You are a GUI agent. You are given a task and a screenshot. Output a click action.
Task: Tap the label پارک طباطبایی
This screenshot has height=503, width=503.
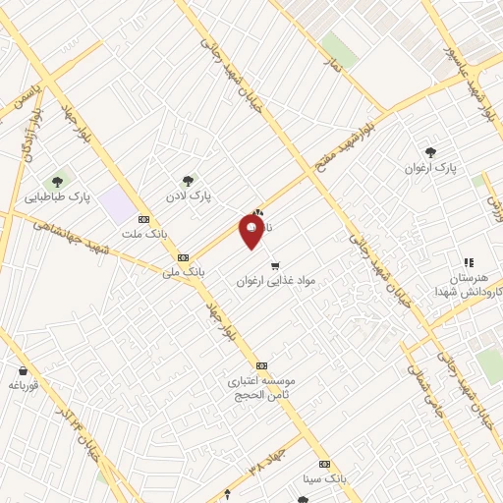[86, 196]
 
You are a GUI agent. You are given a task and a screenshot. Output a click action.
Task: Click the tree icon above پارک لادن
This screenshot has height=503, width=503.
[188, 180]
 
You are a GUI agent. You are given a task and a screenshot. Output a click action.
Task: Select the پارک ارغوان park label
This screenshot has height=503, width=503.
[431, 168]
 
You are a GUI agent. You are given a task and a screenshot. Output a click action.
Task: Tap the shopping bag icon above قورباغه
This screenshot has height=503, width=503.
[22, 370]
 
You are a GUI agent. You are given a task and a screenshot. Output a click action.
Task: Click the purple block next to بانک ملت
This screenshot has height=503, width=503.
[117, 205]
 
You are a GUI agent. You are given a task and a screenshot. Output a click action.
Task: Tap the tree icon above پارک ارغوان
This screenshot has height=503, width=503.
[431, 151]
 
